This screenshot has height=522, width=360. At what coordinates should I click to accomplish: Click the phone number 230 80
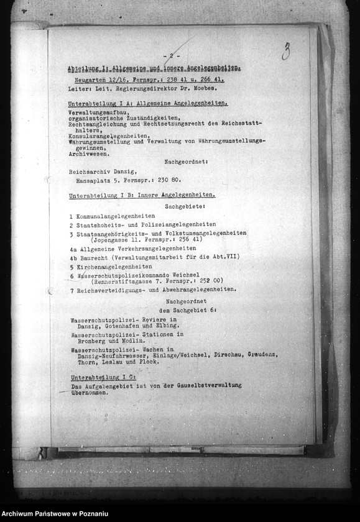pos(168,180)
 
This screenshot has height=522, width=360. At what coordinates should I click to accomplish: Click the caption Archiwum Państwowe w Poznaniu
pos(55,515)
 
